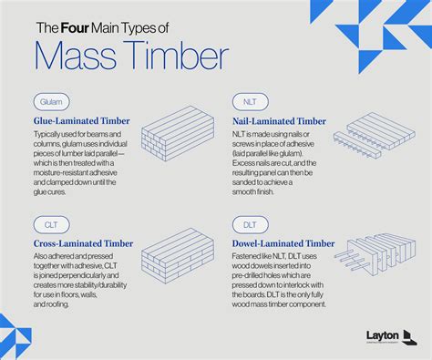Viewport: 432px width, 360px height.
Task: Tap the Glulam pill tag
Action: point(50,101)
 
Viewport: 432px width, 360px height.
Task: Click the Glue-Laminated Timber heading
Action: point(81,120)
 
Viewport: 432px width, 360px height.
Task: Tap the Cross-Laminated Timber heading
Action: point(83,243)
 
